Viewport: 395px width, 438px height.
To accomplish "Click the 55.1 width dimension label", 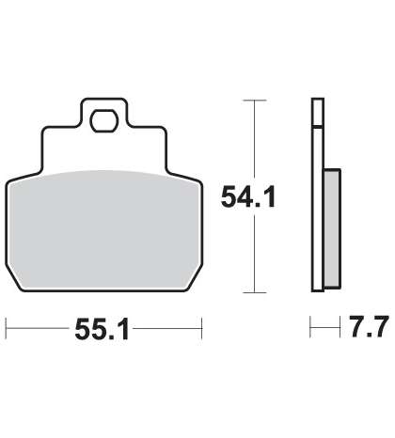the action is click(x=102, y=329).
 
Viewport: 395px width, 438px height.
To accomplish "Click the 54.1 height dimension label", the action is click(x=248, y=196).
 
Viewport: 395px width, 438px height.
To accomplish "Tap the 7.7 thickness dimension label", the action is click(x=370, y=327).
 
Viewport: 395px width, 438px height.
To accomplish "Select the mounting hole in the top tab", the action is click(x=104, y=121).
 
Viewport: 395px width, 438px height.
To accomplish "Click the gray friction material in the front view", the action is click(x=104, y=229).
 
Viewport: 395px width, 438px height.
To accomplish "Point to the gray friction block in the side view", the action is click(x=332, y=228).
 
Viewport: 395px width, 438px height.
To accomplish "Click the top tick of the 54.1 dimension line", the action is click(x=255, y=101).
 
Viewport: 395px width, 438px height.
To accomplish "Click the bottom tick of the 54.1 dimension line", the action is click(x=255, y=292).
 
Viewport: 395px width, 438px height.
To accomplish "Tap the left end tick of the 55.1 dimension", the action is click(x=7, y=328).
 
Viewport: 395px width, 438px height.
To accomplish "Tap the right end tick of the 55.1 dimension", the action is click(x=201, y=328).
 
